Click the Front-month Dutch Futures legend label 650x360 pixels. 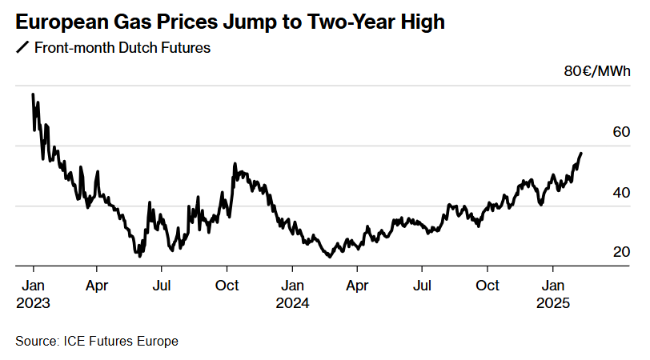(x=122, y=48)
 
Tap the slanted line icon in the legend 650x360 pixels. (x=22, y=48)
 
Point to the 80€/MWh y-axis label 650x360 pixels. (x=597, y=72)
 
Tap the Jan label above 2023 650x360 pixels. (x=33, y=286)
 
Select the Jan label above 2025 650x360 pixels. (x=552, y=286)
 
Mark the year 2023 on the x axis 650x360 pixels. (x=33, y=303)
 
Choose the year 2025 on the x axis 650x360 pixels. (x=552, y=303)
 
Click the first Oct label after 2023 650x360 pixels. (x=228, y=286)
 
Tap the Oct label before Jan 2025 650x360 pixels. (x=487, y=286)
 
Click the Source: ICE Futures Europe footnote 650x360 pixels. (x=97, y=342)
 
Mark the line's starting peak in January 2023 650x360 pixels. (x=33, y=94)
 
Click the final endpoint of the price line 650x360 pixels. (x=581, y=153)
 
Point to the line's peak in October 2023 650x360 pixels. (x=235, y=164)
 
